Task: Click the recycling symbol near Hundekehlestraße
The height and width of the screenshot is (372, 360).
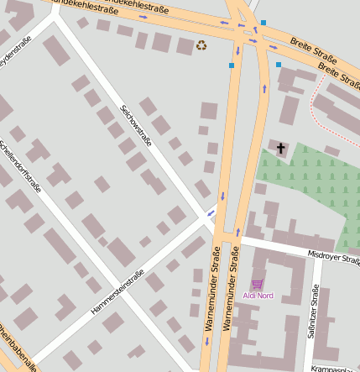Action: point(201,45)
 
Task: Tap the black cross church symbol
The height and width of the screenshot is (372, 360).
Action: point(280,149)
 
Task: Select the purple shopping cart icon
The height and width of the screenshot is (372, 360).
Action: point(257,284)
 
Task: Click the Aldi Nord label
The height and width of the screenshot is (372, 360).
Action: point(258,296)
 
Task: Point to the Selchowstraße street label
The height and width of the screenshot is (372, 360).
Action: point(136,125)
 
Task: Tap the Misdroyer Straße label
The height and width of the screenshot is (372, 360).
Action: point(333,256)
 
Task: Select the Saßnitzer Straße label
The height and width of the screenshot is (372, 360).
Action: point(313,312)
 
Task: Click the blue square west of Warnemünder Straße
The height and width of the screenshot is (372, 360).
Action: point(232,65)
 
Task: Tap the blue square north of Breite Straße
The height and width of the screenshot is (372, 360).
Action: point(263,23)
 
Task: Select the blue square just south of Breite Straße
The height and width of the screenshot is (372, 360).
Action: point(279,64)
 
